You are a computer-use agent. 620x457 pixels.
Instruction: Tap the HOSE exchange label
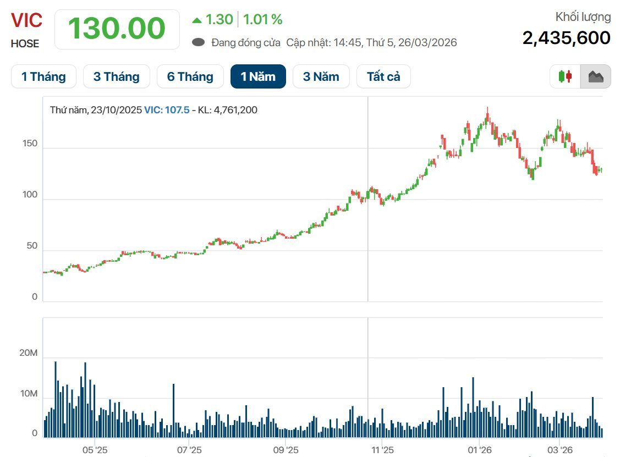click(25, 44)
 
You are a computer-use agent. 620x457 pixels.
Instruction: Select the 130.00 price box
click(117, 29)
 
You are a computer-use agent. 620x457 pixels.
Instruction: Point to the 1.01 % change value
click(262, 20)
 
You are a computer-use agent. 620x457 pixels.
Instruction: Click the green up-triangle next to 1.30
click(197, 20)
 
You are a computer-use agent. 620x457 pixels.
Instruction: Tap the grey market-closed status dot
click(199, 42)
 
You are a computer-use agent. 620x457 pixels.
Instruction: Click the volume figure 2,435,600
click(566, 38)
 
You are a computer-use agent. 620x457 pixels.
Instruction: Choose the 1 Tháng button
click(43, 76)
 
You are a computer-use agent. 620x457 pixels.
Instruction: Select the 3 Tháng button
click(116, 76)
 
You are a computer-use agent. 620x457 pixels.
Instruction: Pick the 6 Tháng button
click(190, 76)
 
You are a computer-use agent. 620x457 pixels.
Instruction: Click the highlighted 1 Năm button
click(258, 76)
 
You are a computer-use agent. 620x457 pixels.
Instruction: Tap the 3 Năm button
click(321, 76)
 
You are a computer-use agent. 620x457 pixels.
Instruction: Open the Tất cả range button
click(383, 76)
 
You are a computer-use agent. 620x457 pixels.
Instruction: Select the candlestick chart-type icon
click(566, 76)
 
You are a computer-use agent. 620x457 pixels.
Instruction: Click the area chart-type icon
click(596, 76)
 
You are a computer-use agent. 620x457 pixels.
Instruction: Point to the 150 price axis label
click(30, 144)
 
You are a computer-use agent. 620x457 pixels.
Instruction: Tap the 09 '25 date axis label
click(286, 449)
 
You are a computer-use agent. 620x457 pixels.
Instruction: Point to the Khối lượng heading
click(583, 17)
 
